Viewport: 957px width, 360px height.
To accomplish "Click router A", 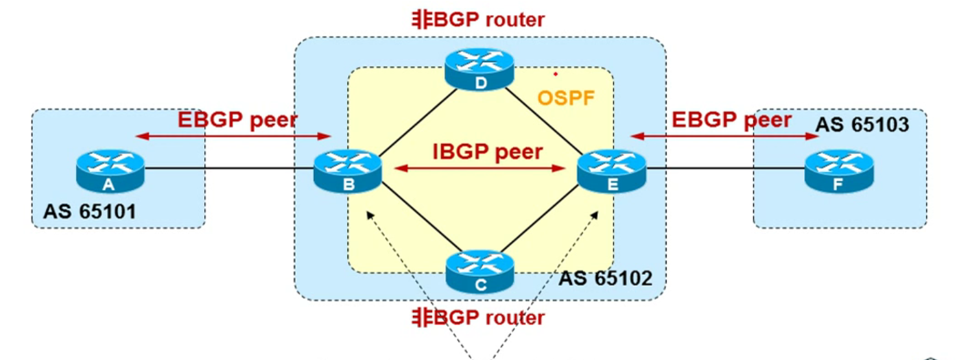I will point(109,171).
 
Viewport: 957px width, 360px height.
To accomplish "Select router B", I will point(348,171).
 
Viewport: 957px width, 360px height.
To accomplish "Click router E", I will point(611,171).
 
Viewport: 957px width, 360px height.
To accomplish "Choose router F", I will point(838,171).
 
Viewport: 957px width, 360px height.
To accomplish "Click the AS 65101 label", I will point(89,211).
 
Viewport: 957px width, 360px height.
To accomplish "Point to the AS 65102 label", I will point(605,278).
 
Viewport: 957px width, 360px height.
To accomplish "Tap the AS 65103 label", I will point(862,125).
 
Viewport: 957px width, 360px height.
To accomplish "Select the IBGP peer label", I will point(488,152).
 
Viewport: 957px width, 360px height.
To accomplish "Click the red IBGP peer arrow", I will point(480,169).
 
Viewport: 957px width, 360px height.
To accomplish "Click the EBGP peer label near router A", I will point(237,120).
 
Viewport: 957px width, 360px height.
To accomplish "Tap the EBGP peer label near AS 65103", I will point(731,120).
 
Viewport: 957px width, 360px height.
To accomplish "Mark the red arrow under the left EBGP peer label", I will point(233,136).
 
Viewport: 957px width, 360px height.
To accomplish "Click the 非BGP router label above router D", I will point(478,19).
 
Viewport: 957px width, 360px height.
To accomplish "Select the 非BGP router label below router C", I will point(478,318).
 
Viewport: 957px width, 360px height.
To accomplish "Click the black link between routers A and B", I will point(227,170).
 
